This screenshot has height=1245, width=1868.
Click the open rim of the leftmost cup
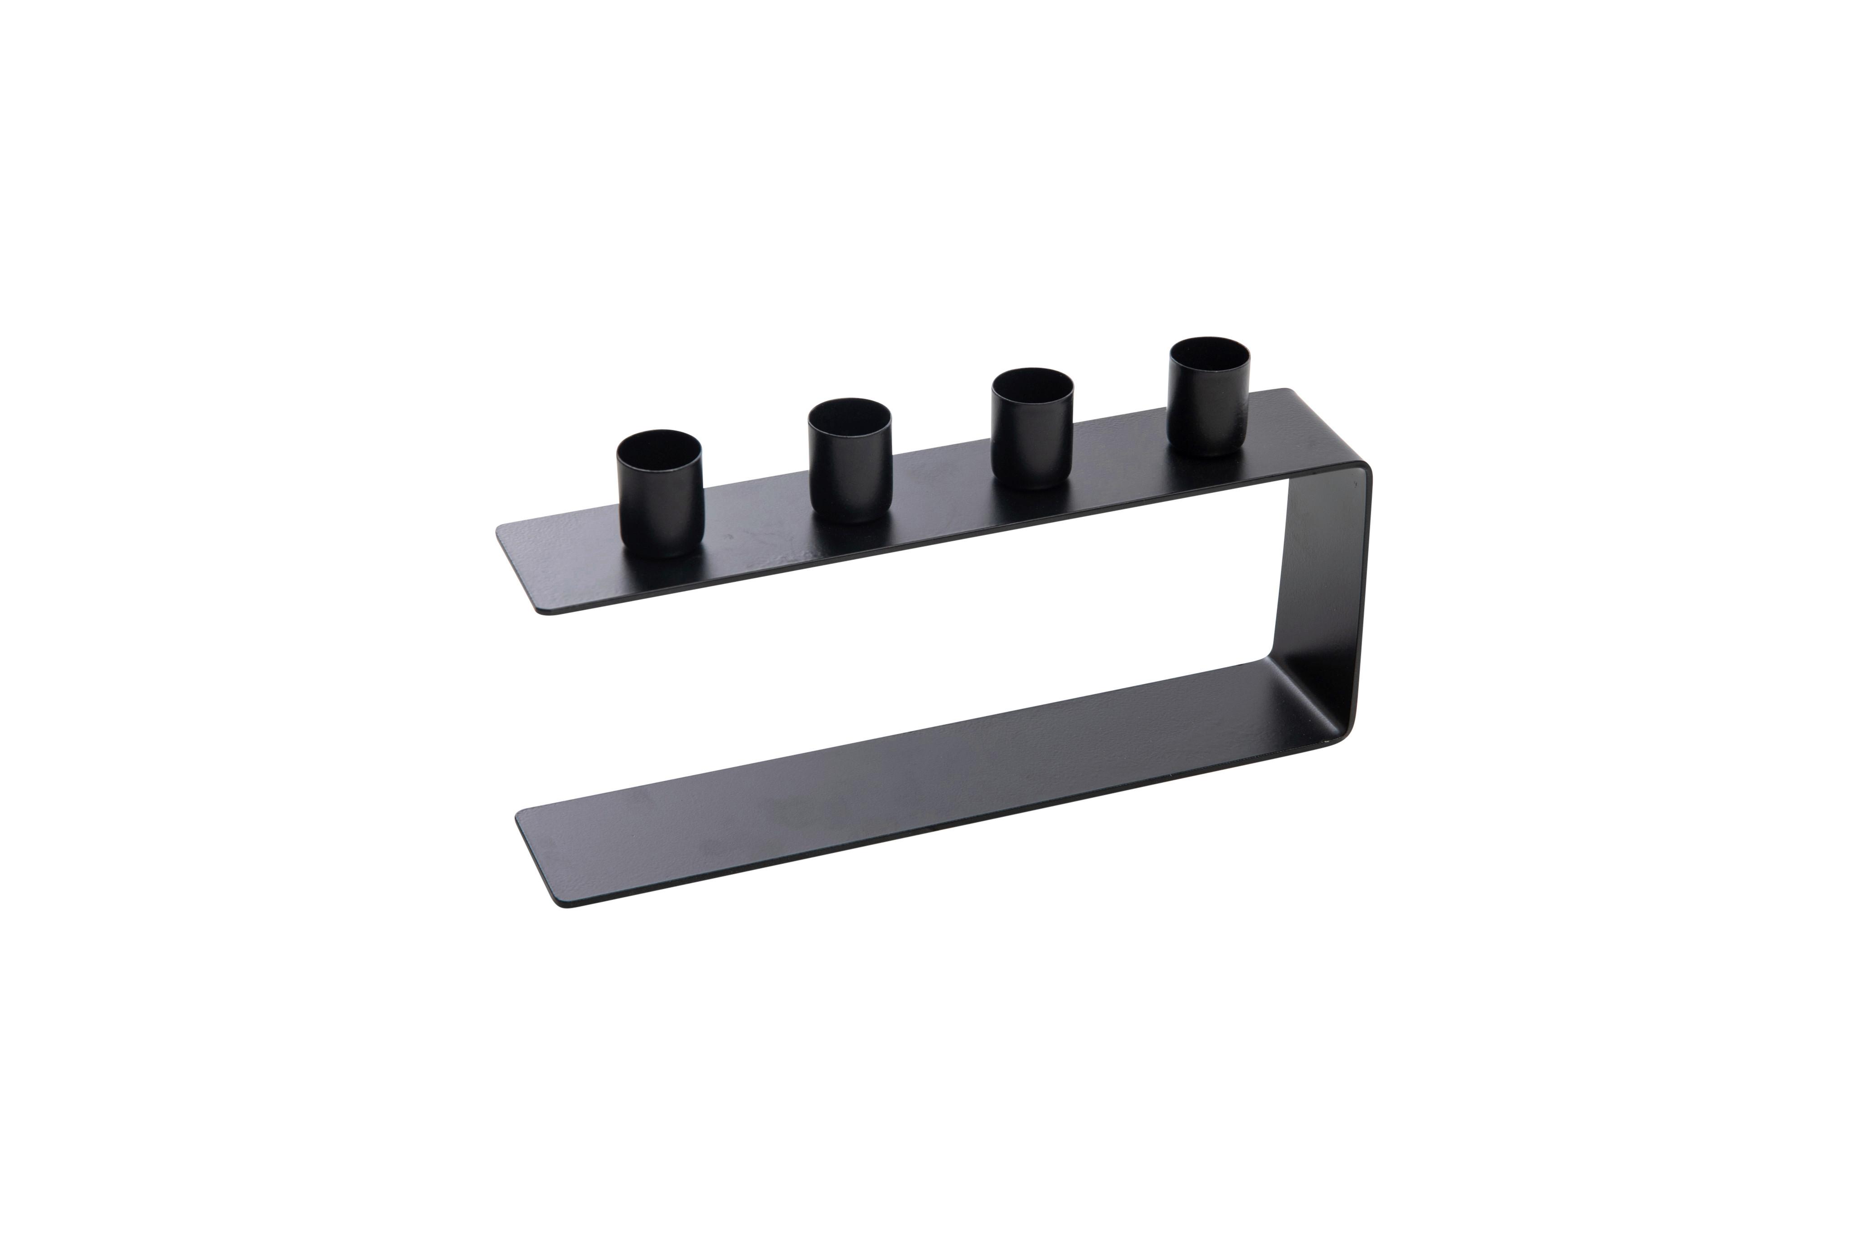coord(660,449)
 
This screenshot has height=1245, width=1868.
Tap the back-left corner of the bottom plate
coord(518,814)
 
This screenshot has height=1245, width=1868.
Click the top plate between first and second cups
coord(755,524)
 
